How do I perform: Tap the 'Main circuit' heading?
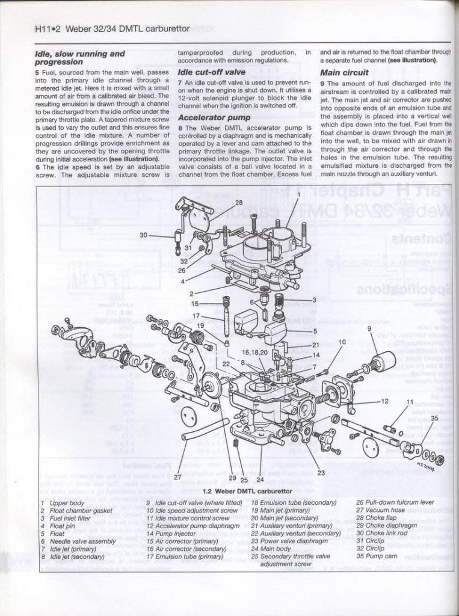coord(345,72)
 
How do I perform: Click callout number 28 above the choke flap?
coord(239,203)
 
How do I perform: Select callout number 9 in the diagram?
coord(369,328)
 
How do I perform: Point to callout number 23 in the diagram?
coord(321,473)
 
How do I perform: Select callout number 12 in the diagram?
coord(385,401)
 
